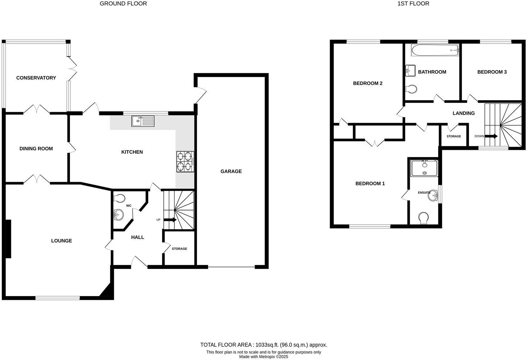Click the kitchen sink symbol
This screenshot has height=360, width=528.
[x=143, y=121]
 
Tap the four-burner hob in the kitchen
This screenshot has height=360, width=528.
[x=185, y=161]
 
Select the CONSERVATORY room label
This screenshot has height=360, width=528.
[x=36, y=78]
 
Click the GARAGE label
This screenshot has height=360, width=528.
[x=231, y=171]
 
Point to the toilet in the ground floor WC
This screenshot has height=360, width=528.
[x=119, y=198]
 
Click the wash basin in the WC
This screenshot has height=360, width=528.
[x=118, y=214]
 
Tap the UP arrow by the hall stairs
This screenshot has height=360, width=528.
[x=170, y=220]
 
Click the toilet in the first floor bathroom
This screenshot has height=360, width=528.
[x=411, y=89]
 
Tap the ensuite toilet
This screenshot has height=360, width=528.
[x=423, y=218]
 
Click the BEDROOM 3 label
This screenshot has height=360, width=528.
[x=492, y=72]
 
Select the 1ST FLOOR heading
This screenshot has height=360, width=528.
[x=413, y=4]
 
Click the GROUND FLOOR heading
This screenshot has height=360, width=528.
[x=123, y=4]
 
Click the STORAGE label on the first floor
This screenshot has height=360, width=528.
[x=454, y=136]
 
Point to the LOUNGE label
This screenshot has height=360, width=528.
[x=61, y=241]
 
